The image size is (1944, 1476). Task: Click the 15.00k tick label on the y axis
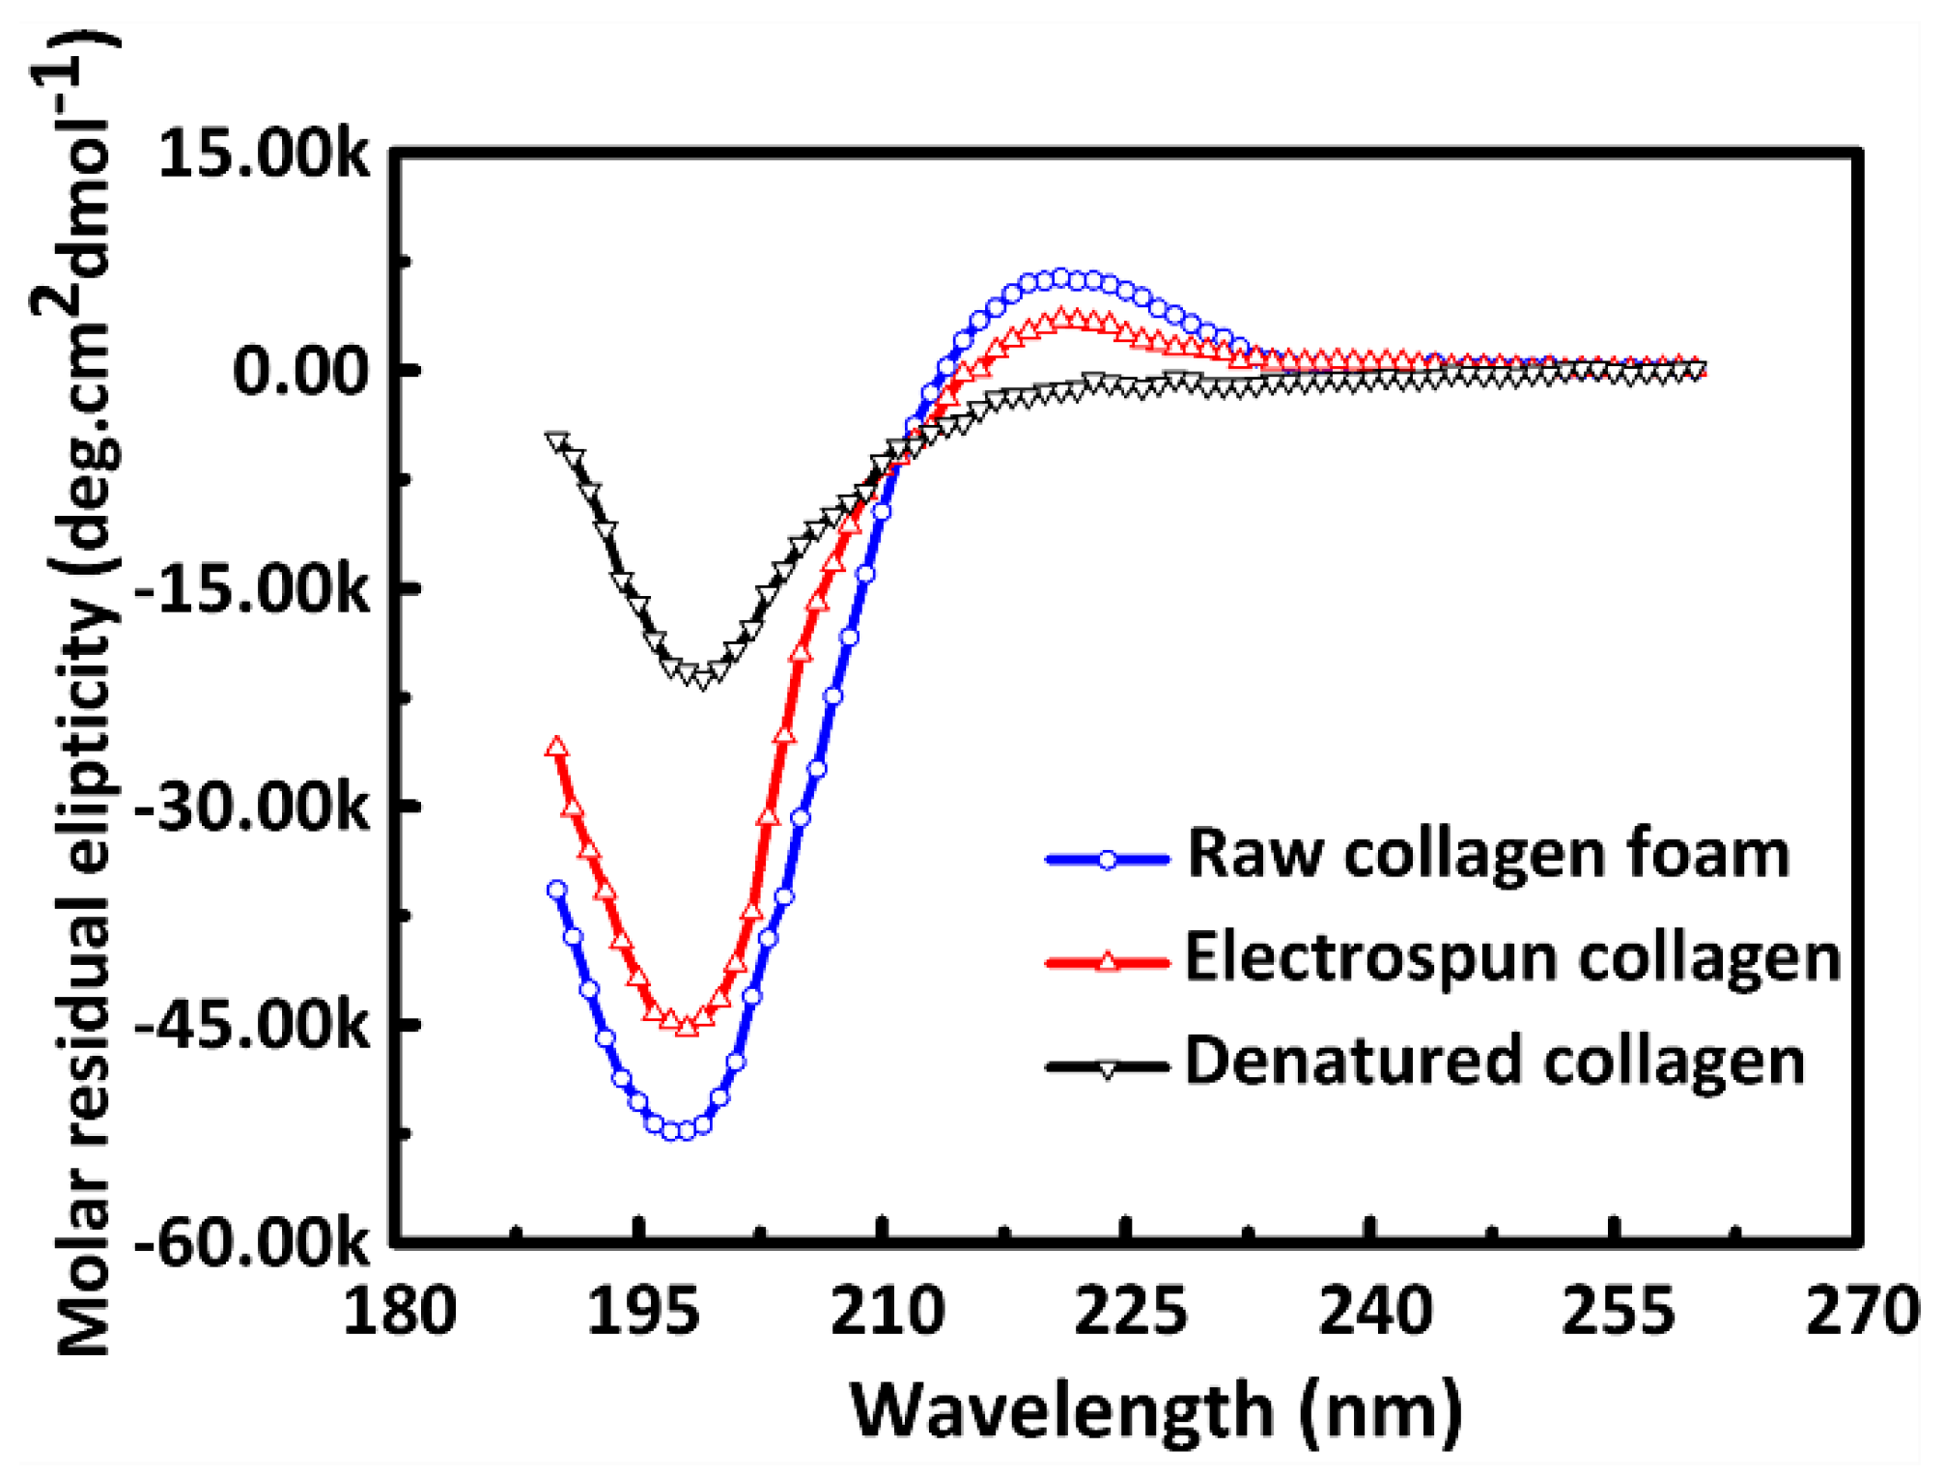(x=263, y=155)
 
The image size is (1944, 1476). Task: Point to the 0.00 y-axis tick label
(x=301, y=371)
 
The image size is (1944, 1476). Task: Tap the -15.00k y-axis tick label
(x=251, y=588)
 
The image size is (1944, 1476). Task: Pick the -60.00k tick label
(x=251, y=1243)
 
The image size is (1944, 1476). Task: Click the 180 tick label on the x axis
(x=400, y=1312)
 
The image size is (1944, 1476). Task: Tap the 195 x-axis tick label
(x=643, y=1312)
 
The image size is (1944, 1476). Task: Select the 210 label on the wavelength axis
(x=887, y=1312)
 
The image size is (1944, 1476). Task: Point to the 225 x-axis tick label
(x=1130, y=1312)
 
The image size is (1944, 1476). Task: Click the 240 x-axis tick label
(x=1374, y=1312)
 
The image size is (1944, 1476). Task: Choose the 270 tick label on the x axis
(x=1862, y=1312)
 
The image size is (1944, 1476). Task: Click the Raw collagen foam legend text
(x=1487, y=854)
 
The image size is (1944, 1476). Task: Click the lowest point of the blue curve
(x=678, y=1131)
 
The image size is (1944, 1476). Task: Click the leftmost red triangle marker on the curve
(x=556, y=747)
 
